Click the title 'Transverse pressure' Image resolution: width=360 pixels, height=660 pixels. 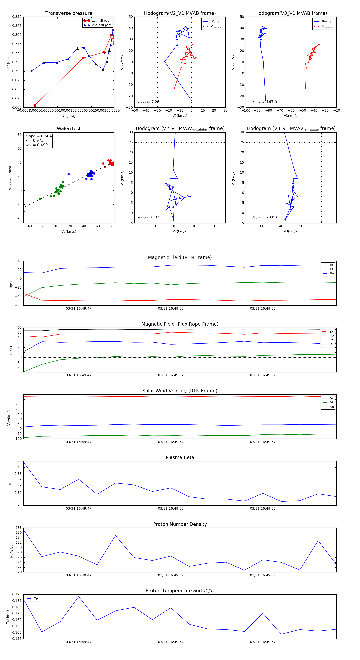(69, 13)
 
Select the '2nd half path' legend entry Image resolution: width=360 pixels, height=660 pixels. (101, 25)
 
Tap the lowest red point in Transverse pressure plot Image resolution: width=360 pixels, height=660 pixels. (35, 106)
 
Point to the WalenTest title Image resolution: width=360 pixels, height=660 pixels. (69, 129)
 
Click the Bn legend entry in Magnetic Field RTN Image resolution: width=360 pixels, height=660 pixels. (332, 273)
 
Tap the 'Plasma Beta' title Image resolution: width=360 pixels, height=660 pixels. (180, 458)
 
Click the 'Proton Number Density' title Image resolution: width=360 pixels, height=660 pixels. (180, 524)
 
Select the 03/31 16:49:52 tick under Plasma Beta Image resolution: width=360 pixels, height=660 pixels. (171, 509)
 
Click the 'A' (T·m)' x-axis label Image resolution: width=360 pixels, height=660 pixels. (69, 116)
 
